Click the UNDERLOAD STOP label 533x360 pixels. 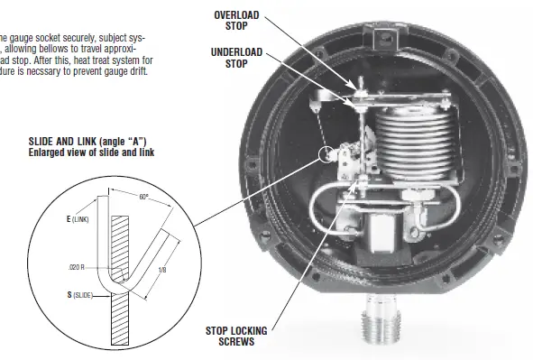pyautogui.click(x=236, y=58)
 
